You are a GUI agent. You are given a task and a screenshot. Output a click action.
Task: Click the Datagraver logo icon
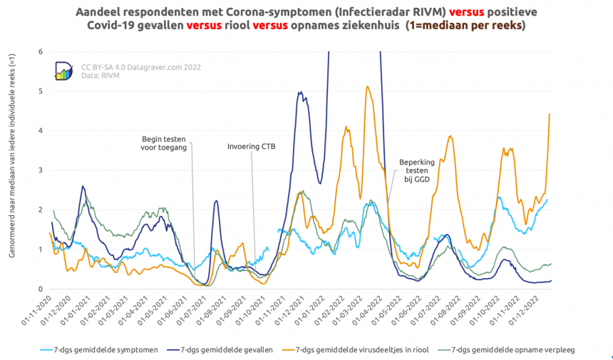point(64,70)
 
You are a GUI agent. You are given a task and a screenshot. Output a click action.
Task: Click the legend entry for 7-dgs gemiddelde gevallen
point(225,350)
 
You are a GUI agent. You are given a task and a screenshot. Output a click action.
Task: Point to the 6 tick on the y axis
point(41,51)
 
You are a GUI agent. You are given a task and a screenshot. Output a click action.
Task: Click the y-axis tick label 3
point(41,170)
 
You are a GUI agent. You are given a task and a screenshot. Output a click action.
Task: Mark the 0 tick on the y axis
point(41,289)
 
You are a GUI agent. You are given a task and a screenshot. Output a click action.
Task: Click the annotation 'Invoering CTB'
point(251,147)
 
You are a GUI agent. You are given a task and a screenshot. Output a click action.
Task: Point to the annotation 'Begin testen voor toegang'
point(165,143)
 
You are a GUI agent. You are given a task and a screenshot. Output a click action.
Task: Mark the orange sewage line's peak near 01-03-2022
point(368,87)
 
